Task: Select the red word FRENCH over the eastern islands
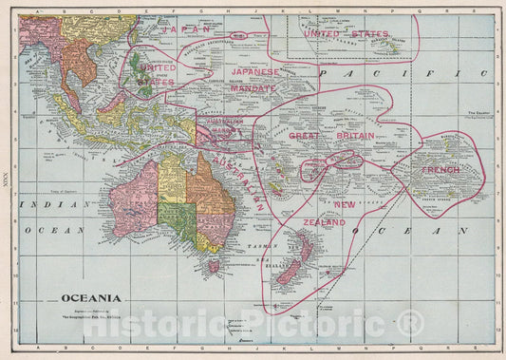coord(441,170)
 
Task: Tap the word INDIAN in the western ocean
coord(47,204)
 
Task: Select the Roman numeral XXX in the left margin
coord(8,180)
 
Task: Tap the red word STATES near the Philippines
coord(154,82)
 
